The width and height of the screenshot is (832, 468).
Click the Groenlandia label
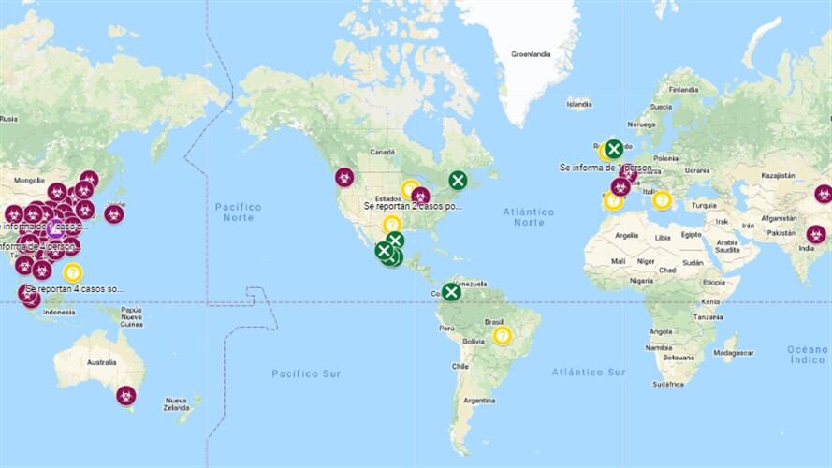(x=531, y=54)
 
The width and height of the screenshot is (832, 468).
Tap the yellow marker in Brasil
(x=503, y=335)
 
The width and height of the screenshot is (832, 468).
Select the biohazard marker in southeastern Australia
(x=126, y=396)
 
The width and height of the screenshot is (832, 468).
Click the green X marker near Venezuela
(x=451, y=292)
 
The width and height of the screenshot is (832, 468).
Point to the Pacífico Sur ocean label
(x=306, y=373)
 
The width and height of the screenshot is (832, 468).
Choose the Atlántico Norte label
(x=529, y=217)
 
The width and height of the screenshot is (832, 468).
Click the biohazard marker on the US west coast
(x=344, y=176)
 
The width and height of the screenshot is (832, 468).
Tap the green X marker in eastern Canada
(x=458, y=180)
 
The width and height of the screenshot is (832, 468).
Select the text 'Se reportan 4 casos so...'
(x=76, y=289)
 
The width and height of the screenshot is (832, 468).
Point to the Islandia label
(x=579, y=104)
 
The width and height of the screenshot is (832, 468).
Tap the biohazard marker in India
(x=816, y=234)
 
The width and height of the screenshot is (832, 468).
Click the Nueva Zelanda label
(x=177, y=403)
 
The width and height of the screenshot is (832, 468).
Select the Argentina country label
(x=478, y=401)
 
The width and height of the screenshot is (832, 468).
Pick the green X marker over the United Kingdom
(x=613, y=148)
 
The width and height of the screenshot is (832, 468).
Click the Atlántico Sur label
(x=588, y=372)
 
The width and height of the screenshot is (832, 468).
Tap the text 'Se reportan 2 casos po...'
(x=413, y=206)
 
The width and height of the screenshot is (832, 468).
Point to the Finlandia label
(x=683, y=90)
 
